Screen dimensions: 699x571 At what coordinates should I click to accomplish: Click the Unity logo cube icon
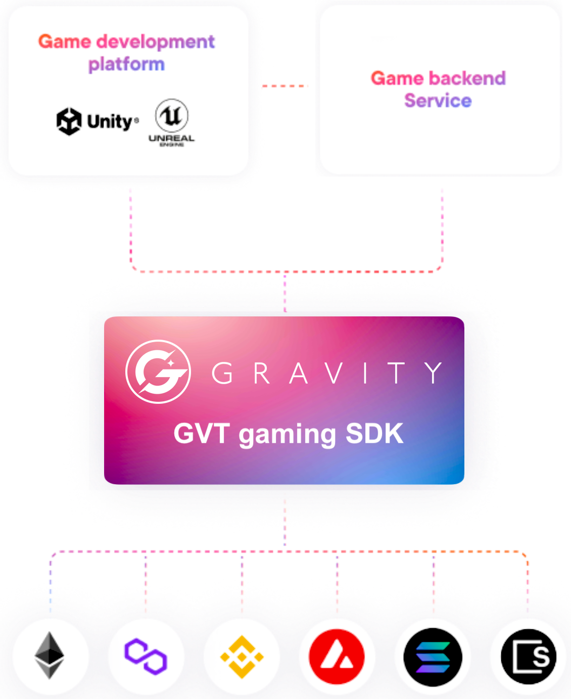click(69, 122)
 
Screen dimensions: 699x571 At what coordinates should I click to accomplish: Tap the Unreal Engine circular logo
click(172, 116)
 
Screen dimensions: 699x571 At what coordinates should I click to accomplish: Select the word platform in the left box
click(126, 65)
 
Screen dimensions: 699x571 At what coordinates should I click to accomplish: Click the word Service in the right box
click(438, 101)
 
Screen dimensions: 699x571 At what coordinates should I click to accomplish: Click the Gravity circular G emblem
click(158, 372)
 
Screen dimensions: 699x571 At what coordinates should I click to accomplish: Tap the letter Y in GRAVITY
click(434, 373)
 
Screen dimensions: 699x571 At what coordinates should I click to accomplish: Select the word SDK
click(374, 434)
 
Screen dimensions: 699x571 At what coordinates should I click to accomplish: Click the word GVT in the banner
click(202, 434)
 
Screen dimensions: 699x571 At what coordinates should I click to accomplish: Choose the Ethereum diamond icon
click(50, 656)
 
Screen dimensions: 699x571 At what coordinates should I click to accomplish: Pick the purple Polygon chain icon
click(146, 656)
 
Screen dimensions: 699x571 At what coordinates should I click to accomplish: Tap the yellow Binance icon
click(242, 657)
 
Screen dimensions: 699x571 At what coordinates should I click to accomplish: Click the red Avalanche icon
click(337, 657)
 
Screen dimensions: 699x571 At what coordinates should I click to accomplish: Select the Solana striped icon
click(433, 657)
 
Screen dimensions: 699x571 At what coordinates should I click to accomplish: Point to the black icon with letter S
click(529, 657)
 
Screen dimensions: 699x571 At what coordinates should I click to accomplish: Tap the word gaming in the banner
click(288, 435)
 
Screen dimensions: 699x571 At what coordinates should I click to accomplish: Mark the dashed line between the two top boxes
click(285, 86)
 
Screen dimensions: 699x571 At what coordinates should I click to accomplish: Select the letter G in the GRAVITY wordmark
click(222, 374)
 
